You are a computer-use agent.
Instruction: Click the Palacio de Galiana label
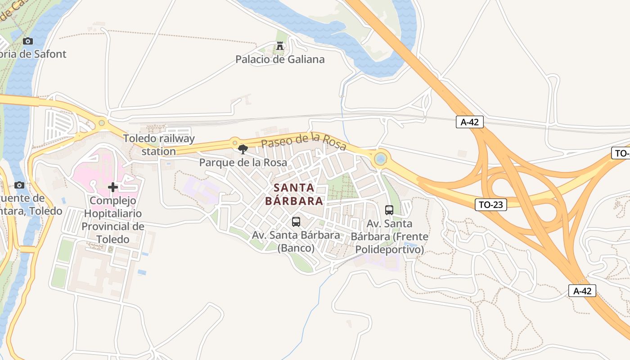pyautogui.click(x=280, y=59)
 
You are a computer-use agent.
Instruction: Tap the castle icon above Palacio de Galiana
pyautogui.click(x=280, y=46)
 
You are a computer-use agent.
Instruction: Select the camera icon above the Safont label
pyautogui.click(x=28, y=41)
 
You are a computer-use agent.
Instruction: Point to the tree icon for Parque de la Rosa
pyautogui.click(x=243, y=149)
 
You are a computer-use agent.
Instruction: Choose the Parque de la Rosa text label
pyautogui.click(x=243, y=162)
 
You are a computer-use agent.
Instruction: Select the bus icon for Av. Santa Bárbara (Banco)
pyautogui.click(x=296, y=221)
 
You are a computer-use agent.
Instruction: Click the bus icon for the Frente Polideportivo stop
pyautogui.click(x=389, y=210)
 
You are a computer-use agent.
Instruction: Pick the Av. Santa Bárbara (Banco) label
pyautogui.click(x=296, y=241)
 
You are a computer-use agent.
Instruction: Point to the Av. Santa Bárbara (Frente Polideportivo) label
pyautogui.click(x=390, y=236)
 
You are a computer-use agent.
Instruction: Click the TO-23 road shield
pyautogui.click(x=490, y=205)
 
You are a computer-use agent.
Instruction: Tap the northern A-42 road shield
pyautogui.click(x=470, y=121)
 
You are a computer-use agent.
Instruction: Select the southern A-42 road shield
pyautogui.click(x=582, y=291)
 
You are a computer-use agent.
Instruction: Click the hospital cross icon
pyautogui.click(x=113, y=187)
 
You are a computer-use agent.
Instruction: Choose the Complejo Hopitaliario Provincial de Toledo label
pyautogui.click(x=113, y=220)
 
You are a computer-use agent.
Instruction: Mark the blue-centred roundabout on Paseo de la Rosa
pyautogui.click(x=381, y=158)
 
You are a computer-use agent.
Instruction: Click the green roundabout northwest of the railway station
pyautogui.click(x=102, y=122)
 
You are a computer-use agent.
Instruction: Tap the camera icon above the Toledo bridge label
pyautogui.click(x=19, y=185)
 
